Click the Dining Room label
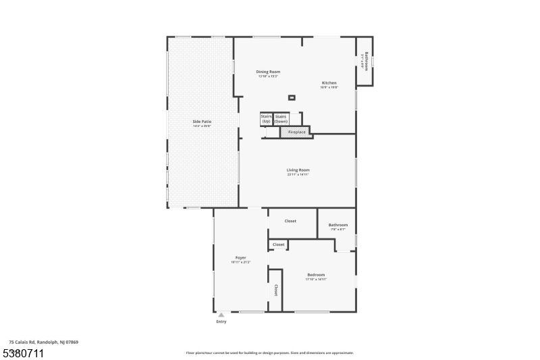click(x=268, y=72)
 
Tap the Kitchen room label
click(x=329, y=83)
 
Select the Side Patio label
click(x=202, y=122)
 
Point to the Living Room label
click(x=298, y=170)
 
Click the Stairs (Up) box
click(x=266, y=118)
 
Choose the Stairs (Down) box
click(x=281, y=118)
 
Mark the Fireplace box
click(x=297, y=132)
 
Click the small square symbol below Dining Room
click(x=292, y=98)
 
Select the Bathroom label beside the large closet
click(x=338, y=225)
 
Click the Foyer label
click(x=240, y=258)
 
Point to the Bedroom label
click(x=316, y=275)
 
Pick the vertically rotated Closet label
click(x=275, y=290)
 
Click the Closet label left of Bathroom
click(x=290, y=221)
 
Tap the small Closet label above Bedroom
click(x=278, y=245)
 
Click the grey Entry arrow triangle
click(x=221, y=314)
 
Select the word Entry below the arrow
click(x=221, y=322)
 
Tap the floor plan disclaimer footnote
click(x=270, y=353)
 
